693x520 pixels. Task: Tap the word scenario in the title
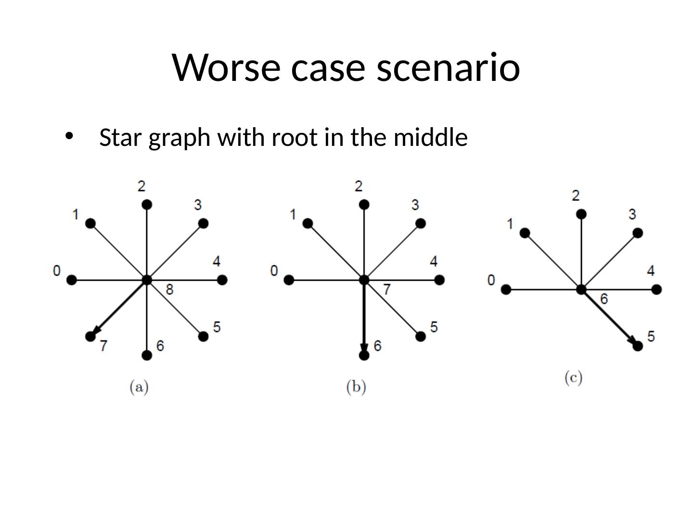click(x=449, y=67)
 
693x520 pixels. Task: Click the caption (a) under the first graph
click(x=139, y=387)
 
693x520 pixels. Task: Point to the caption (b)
click(x=356, y=387)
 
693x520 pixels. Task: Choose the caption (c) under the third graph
click(x=574, y=377)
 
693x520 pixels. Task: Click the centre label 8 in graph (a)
click(x=169, y=289)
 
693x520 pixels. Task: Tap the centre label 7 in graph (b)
click(x=386, y=289)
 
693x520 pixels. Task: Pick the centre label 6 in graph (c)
click(x=604, y=299)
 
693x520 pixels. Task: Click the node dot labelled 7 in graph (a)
click(x=90, y=337)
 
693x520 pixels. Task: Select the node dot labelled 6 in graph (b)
click(x=364, y=355)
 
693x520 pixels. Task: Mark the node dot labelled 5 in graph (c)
click(x=638, y=346)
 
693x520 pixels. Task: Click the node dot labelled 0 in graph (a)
click(x=72, y=280)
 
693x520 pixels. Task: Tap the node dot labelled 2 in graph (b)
click(x=364, y=205)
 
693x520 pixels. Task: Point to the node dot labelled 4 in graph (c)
click(x=657, y=289)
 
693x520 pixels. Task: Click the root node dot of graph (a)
click(x=147, y=280)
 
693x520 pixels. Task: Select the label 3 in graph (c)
click(x=632, y=214)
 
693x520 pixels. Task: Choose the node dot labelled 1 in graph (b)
click(x=308, y=223)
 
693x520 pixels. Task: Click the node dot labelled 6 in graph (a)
click(x=147, y=355)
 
